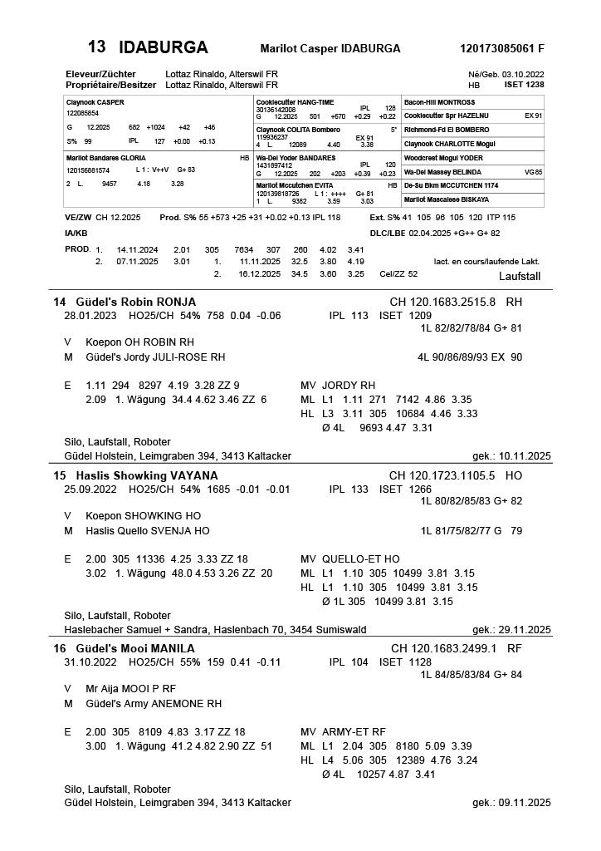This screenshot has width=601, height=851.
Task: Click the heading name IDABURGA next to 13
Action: click(163, 47)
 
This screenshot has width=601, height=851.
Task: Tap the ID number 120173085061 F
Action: click(501, 48)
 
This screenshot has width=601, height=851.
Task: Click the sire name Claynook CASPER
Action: click(94, 101)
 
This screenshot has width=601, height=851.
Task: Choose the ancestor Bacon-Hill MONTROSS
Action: click(440, 101)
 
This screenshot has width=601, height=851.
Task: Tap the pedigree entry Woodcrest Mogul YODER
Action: click(442, 157)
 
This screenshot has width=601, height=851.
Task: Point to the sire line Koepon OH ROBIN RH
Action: click(139, 342)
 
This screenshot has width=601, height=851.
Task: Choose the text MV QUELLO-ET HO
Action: click(349, 559)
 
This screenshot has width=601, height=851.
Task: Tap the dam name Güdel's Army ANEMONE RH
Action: click(154, 703)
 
